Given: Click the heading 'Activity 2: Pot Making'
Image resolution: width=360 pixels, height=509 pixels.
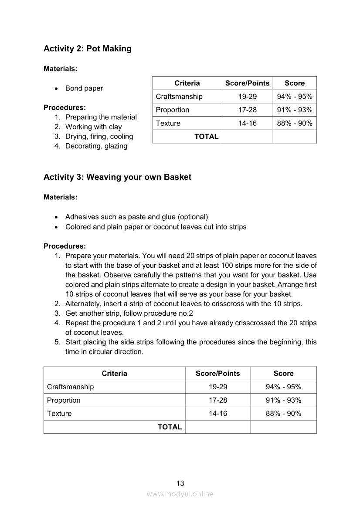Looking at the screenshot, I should pyautogui.click(x=87, y=49).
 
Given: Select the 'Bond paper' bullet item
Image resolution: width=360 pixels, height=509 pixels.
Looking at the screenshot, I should pyautogui.click(x=84, y=88).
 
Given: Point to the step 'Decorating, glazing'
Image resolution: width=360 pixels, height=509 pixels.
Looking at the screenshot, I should pyautogui.click(x=96, y=146).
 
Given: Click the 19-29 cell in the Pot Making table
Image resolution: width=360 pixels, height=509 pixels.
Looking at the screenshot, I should pyautogui.click(x=247, y=97).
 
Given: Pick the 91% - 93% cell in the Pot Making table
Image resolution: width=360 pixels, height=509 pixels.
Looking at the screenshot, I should pyautogui.click(x=295, y=110).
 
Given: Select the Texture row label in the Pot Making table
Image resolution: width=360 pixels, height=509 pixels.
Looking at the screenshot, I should pyautogui.click(x=168, y=123).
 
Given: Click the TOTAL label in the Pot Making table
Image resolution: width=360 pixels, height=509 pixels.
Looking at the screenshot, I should pyautogui.click(x=206, y=136).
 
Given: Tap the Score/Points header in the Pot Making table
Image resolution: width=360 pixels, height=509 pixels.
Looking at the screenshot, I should pyautogui.click(x=247, y=83).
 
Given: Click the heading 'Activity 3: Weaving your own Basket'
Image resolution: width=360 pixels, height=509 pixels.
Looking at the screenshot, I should pyautogui.click(x=117, y=177).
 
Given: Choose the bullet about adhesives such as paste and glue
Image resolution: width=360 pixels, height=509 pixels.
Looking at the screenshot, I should pyautogui.click(x=136, y=217).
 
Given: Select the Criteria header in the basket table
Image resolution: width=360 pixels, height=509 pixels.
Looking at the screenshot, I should pyautogui.click(x=114, y=374).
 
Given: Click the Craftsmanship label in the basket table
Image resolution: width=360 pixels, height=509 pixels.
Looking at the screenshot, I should pyautogui.click(x=70, y=387).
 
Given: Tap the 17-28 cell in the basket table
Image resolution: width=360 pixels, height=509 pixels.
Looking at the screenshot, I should pyautogui.click(x=218, y=400).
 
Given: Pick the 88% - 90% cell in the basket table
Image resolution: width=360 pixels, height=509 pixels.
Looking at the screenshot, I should pyautogui.click(x=283, y=414).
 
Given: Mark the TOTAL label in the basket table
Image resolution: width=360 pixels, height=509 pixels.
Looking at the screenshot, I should pyautogui.click(x=170, y=427).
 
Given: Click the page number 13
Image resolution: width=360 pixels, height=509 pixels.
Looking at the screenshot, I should pyautogui.click(x=180, y=483).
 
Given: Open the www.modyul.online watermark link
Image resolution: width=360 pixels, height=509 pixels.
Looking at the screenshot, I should pyautogui.click(x=180, y=494).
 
